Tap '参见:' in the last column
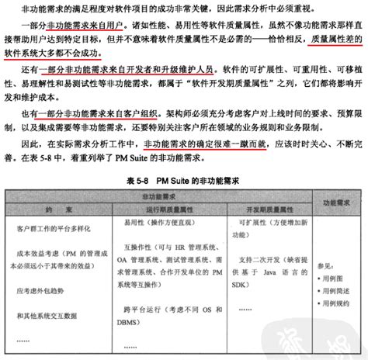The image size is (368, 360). click(327, 264)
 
